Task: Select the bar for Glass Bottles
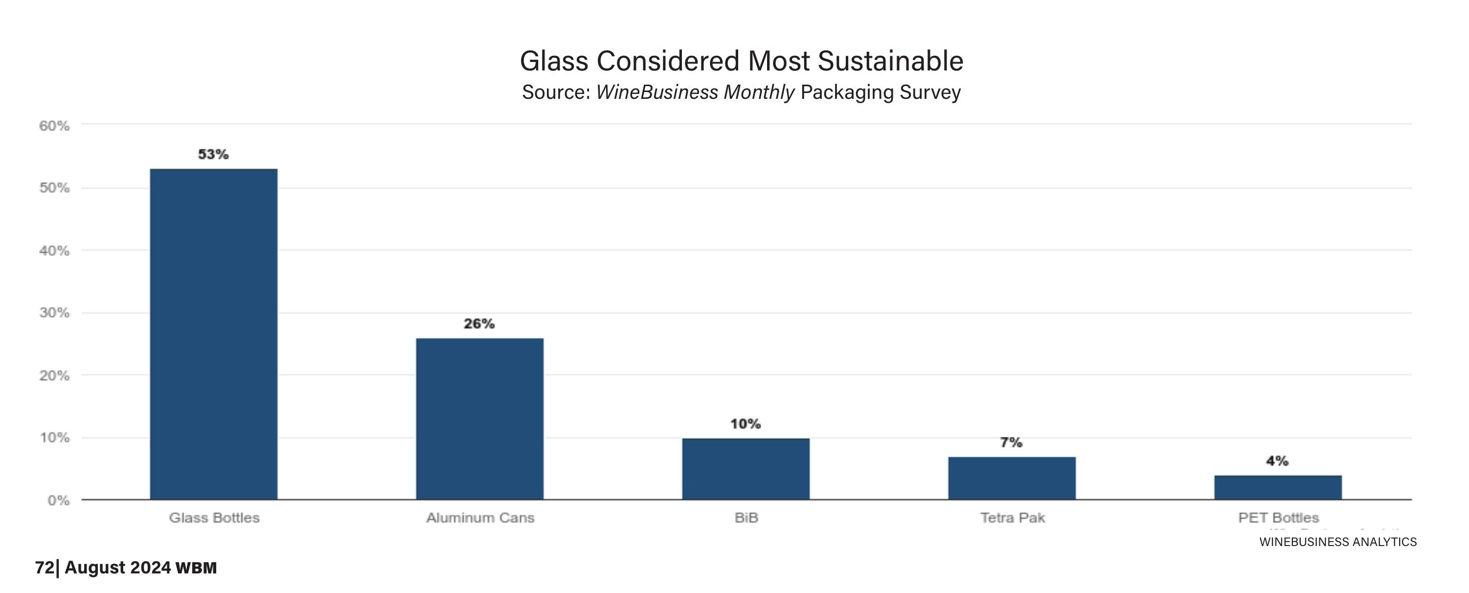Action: coord(214,334)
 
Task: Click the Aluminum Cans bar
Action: coord(479,419)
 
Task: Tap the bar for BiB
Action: coord(746,469)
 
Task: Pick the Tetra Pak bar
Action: coord(1012,478)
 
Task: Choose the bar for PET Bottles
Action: coord(1277,487)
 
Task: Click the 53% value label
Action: coord(213,155)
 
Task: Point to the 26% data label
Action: coord(479,324)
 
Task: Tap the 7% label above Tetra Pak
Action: coord(1011,442)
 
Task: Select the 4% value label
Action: coord(1277,461)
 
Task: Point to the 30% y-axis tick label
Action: coord(54,313)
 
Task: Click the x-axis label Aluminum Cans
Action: coord(480,518)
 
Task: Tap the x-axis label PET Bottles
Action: coord(1279,518)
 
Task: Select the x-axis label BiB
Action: coord(746,518)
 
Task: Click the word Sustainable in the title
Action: coord(890,61)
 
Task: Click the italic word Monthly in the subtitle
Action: coord(758,92)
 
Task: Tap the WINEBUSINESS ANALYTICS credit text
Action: coord(1338,542)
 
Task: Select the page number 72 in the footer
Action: coord(45,568)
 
